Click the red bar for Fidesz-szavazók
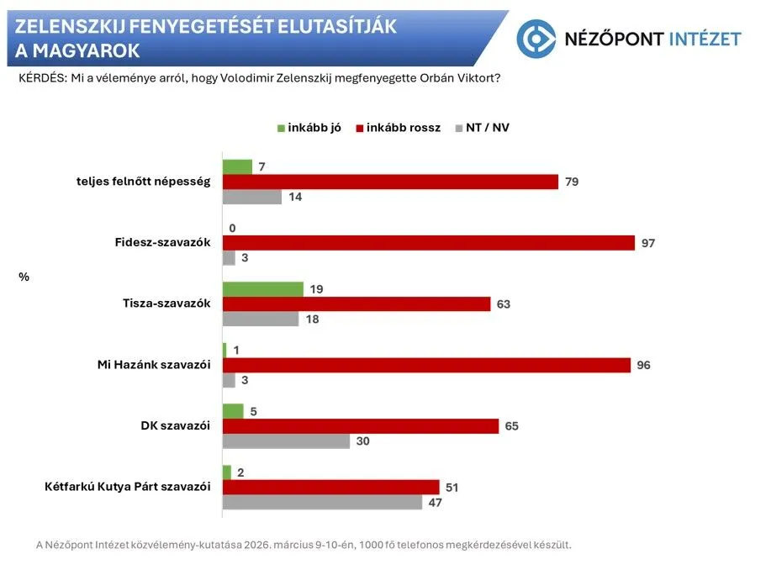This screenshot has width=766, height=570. pyautogui.click(x=428, y=243)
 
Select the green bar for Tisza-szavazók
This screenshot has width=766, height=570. pyautogui.click(x=262, y=289)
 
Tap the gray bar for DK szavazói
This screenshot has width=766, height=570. pyautogui.click(x=286, y=441)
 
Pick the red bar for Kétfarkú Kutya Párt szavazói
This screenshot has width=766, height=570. pyautogui.click(x=330, y=488)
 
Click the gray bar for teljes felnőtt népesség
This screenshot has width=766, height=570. pyautogui.click(x=251, y=197)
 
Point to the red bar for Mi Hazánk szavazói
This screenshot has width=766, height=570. pyautogui.click(x=426, y=365)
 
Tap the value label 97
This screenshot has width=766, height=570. pyautogui.click(x=647, y=243)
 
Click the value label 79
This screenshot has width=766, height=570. pyautogui.click(x=572, y=182)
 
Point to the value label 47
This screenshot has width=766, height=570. pyautogui.click(x=435, y=503)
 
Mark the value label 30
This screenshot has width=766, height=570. pyautogui.click(x=362, y=441)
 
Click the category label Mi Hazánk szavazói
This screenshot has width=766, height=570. pyautogui.click(x=156, y=365)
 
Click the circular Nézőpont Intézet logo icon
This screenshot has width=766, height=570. pyautogui.click(x=536, y=39)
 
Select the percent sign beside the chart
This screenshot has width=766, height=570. pyautogui.click(x=24, y=275)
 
